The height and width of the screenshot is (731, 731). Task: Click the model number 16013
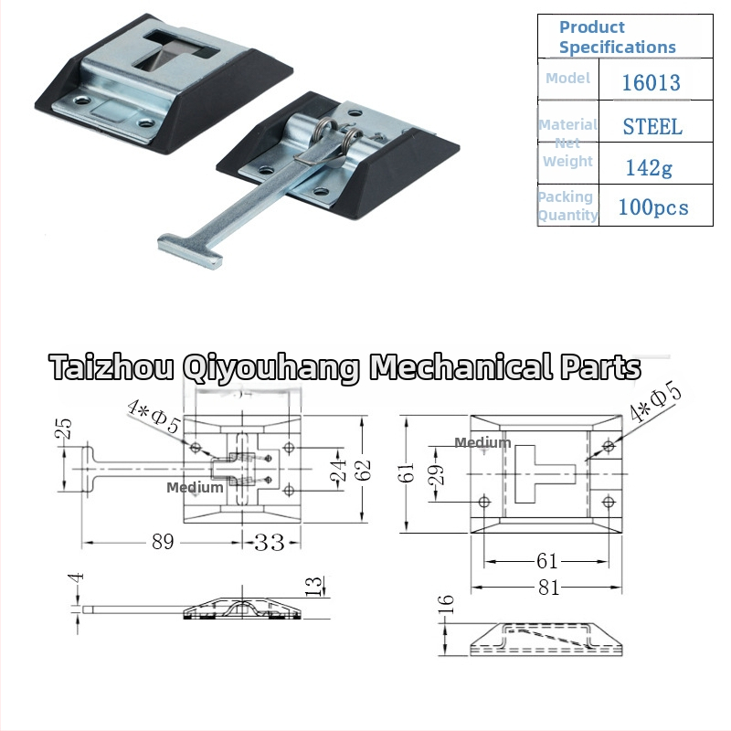[651, 82]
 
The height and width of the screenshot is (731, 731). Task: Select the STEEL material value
[652, 126]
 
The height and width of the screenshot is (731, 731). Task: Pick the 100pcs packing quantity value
[653, 207]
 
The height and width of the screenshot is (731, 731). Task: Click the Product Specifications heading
[617, 37]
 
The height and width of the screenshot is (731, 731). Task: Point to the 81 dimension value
[548, 588]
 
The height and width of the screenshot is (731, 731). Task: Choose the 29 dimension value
[436, 473]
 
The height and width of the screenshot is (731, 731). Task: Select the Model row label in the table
[567, 79]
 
